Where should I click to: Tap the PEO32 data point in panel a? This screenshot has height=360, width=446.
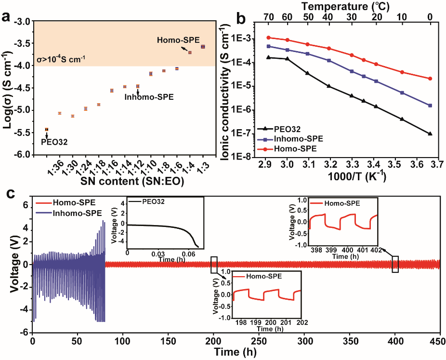47,129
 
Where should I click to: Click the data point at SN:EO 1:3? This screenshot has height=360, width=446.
203,47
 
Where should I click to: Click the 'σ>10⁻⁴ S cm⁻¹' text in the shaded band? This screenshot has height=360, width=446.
61,60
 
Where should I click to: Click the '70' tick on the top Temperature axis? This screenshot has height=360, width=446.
269,17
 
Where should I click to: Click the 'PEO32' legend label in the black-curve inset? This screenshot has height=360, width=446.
155,201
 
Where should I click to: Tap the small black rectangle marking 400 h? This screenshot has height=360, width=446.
395,264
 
